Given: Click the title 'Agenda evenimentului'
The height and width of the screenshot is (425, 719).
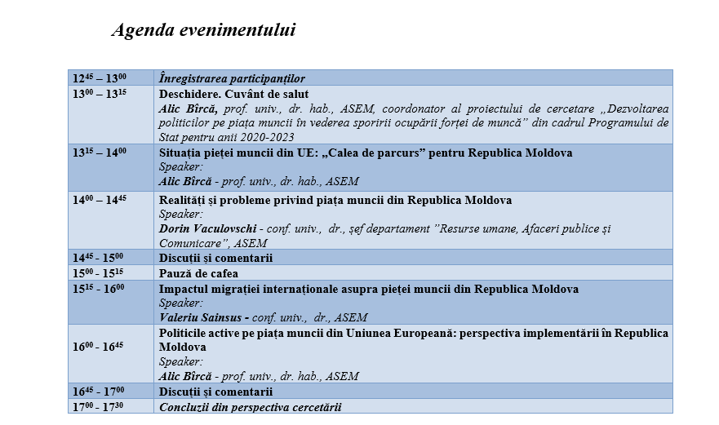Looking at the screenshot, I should [x=203, y=31].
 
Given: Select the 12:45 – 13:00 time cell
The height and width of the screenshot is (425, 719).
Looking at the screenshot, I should [x=100, y=78].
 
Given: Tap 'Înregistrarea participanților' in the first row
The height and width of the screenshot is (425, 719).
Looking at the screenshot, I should [x=232, y=78].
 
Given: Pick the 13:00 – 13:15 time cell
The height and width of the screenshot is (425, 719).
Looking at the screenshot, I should [x=100, y=94].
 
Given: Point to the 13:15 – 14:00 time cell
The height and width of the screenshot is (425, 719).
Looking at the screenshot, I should [x=100, y=153].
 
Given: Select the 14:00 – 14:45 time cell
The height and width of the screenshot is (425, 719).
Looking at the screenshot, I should [x=100, y=200].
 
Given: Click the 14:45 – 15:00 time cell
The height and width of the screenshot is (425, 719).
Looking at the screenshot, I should [x=100, y=258].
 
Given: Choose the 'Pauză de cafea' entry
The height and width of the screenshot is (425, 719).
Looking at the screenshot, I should [x=198, y=273].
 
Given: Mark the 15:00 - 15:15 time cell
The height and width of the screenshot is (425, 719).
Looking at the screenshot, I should [x=100, y=273].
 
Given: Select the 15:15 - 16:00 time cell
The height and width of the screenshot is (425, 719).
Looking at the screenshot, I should [x=100, y=289].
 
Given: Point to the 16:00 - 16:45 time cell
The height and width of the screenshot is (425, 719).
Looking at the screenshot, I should [x=100, y=347].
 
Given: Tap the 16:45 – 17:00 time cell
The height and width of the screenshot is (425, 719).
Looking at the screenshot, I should [x=100, y=392].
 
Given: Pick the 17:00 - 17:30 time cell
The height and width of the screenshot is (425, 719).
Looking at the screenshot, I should [x=100, y=406].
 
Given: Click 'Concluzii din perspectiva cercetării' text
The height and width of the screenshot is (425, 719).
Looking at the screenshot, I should [x=250, y=406].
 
